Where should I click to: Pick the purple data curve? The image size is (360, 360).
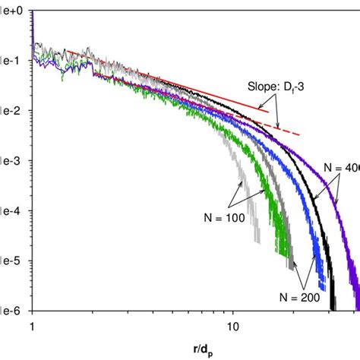coord(334,220)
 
